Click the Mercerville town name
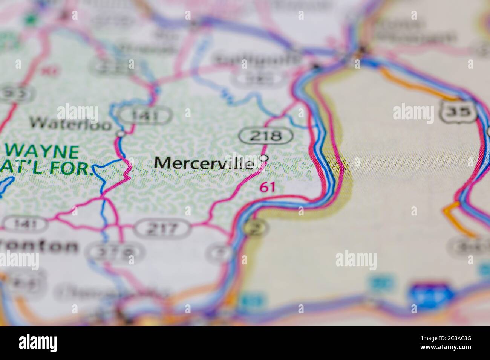tap(204, 163)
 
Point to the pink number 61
tap(267, 187)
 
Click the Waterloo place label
tap(71, 122)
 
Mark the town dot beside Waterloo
tap(121, 133)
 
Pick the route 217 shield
tap(162, 228)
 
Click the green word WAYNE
tap(42, 152)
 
